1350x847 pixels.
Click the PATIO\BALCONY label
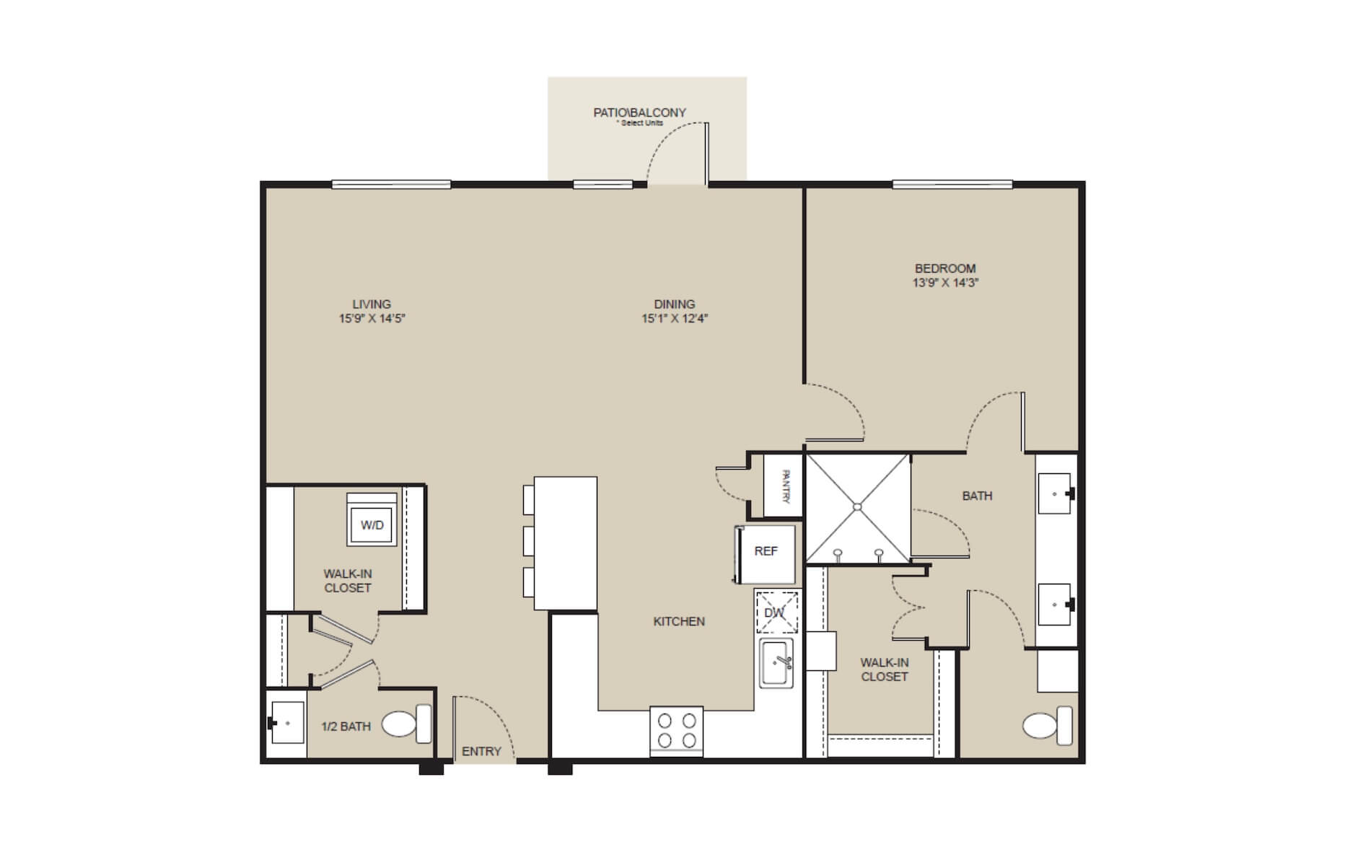pos(639,113)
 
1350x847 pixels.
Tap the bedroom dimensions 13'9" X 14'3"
pos(945,283)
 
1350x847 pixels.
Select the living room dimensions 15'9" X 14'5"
pos(372,318)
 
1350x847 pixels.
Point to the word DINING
pos(675,304)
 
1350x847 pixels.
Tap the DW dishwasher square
pos(776,613)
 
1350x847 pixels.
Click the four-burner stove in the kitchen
pos(676,730)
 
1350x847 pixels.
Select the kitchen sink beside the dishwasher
pos(776,663)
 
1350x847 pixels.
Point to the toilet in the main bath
pos(1047,726)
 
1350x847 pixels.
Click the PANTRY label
pos(786,487)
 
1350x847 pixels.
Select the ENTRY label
pos(481,752)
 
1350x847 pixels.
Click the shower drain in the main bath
pos(857,507)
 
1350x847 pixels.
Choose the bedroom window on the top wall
pos(952,185)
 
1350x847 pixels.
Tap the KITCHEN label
pos(679,621)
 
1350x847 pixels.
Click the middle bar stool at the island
pos(529,540)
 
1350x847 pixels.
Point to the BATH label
pos(977,496)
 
